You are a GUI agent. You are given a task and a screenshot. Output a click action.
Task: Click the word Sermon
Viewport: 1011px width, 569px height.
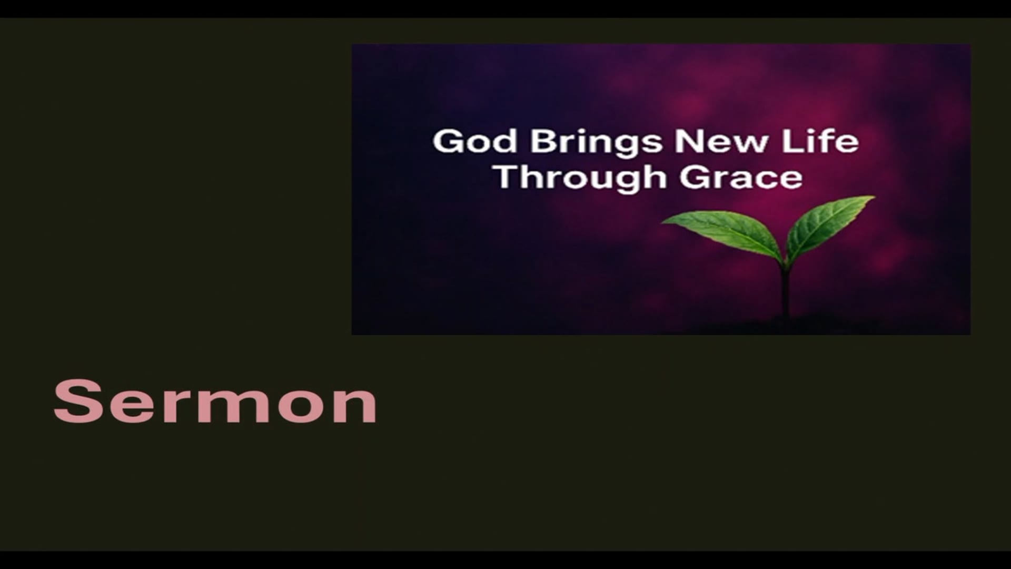[x=215, y=401]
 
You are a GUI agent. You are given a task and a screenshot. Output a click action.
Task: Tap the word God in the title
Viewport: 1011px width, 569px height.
[x=474, y=141]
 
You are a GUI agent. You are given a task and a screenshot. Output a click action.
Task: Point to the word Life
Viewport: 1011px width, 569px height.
[x=820, y=141]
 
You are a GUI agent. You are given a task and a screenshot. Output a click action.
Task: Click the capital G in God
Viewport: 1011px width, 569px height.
[x=447, y=141]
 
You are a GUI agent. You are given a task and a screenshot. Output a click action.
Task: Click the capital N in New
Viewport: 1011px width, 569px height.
[x=689, y=141]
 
